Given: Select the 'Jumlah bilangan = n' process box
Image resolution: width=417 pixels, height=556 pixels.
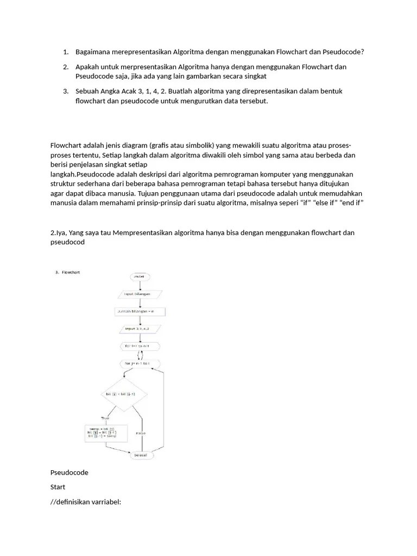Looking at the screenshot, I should pyautogui.click(x=140, y=312).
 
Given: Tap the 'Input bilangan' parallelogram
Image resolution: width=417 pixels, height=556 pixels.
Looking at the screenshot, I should pyautogui.click(x=140, y=294).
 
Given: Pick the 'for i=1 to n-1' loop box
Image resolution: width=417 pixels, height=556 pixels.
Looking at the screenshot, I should pyautogui.click(x=140, y=345).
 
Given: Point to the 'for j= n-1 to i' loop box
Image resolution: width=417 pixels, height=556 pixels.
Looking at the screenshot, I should pyautogui.click(x=140, y=362).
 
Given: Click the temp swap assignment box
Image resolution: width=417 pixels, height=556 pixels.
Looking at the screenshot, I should pyautogui.click(x=106, y=432).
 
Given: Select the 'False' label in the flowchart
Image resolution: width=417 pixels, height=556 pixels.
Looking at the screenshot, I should pyautogui.click(x=141, y=433).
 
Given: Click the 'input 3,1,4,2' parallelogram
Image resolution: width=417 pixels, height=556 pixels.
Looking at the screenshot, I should pyautogui.click(x=140, y=328).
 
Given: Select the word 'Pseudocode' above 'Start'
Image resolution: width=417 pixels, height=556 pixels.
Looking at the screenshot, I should pyautogui.click(x=69, y=472).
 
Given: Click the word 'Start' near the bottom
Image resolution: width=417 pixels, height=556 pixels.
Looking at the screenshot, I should pyautogui.click(x=58, y=487).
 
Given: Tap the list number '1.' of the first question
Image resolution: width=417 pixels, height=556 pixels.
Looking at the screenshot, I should pyautogui.click(x=66, y=52).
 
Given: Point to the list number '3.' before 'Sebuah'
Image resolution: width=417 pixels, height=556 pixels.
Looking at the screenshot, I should pyautogui.click(x=66, y=91).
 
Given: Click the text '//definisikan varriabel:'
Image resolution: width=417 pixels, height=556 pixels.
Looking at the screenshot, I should pyautogui.click(x=85, y=502).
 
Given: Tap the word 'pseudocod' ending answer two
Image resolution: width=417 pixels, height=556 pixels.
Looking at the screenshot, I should pyautogui.click(x=68, y=243).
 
